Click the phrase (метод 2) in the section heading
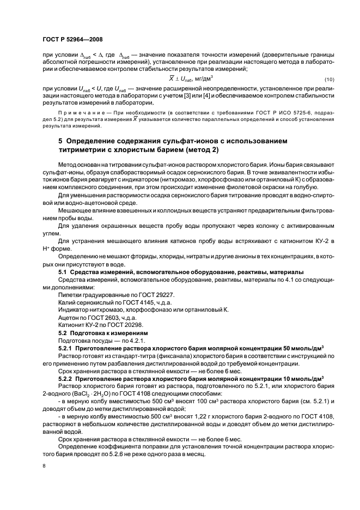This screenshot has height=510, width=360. (199, 149)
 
